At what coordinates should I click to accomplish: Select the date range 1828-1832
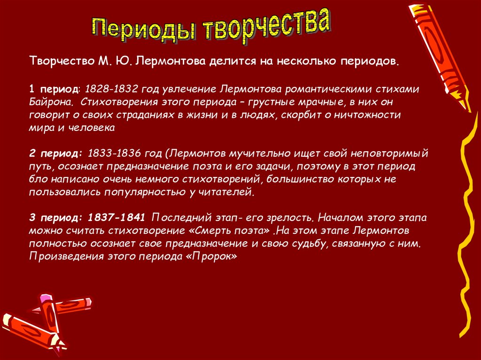tap(111, 89)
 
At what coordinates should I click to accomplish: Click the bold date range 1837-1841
tap(116, 218)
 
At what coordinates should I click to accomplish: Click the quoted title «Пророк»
tap(211, 257)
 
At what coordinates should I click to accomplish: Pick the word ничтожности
tap(367, 115)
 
